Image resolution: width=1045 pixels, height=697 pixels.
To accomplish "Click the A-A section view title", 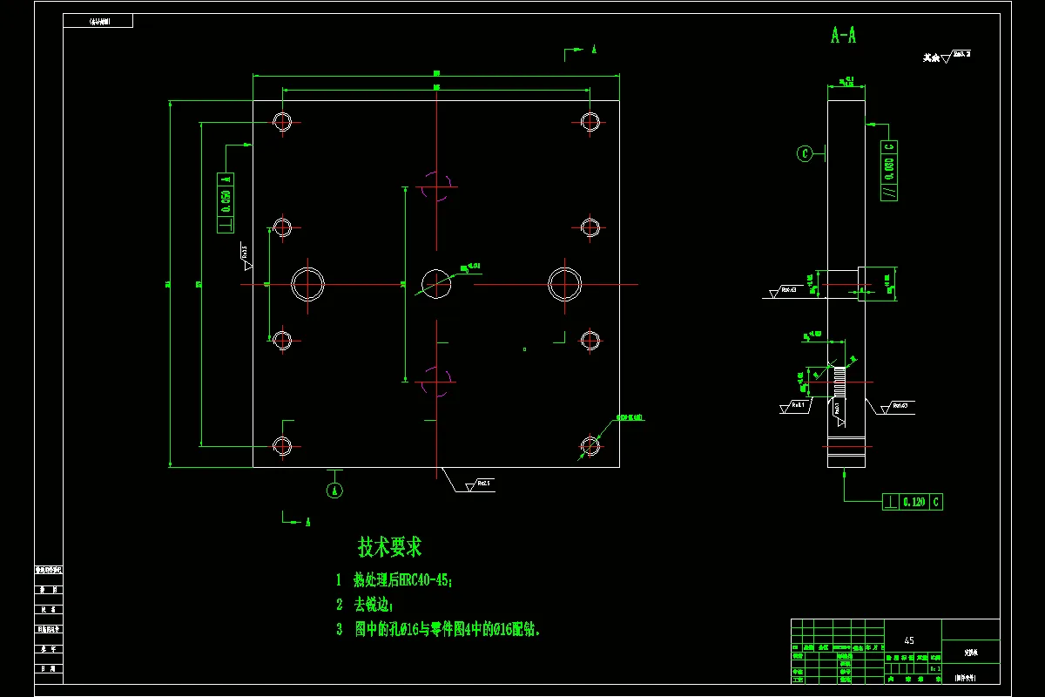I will click(x=843, y=36).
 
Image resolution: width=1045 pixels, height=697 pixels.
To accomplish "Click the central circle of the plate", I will click(x=436, y=283).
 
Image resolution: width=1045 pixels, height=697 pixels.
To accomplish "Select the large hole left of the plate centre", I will click(x=307, y=284).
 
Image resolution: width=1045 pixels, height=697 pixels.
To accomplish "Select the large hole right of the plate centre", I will click(x=564, y=283).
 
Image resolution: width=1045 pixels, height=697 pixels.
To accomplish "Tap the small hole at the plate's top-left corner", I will click(x=281, y=121).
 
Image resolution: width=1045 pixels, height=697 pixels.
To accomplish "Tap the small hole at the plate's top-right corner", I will click(x=590, y=121).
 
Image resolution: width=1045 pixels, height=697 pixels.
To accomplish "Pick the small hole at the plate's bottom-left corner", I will click(x=281, y=445).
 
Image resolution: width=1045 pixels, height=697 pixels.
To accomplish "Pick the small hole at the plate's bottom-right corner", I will click(x=590, y=445).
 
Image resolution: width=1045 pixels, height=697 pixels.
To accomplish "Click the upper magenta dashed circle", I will click(x=436, y=186).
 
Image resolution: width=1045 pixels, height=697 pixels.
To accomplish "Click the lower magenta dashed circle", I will click(x=436, y=381).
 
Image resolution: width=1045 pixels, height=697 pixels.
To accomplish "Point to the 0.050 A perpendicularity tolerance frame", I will click(x=226, y=202).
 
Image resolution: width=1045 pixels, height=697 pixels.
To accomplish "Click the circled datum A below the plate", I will click(x=334, y=491).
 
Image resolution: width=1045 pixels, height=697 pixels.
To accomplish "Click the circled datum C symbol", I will click(x=806, y=154).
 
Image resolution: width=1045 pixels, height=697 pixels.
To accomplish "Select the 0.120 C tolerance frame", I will click(x=912, y=502).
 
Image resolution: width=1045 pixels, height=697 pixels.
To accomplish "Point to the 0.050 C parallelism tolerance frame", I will click(x=889, y=171).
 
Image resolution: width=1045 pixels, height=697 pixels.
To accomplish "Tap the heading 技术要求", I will click(x=389, y=547).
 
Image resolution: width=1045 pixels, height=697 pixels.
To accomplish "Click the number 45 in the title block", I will click(x=910, y=640).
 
